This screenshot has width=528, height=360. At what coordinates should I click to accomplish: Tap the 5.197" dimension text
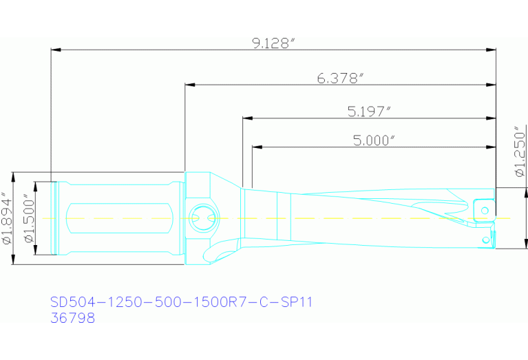coord(370,111)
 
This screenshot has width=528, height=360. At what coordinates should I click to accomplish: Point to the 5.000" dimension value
coord(374,140)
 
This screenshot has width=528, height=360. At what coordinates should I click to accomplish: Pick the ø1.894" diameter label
coord(7,218)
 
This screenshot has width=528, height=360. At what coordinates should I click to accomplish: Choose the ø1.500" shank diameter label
coord(28,218)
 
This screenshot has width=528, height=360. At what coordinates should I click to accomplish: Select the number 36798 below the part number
coord(72,318)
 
